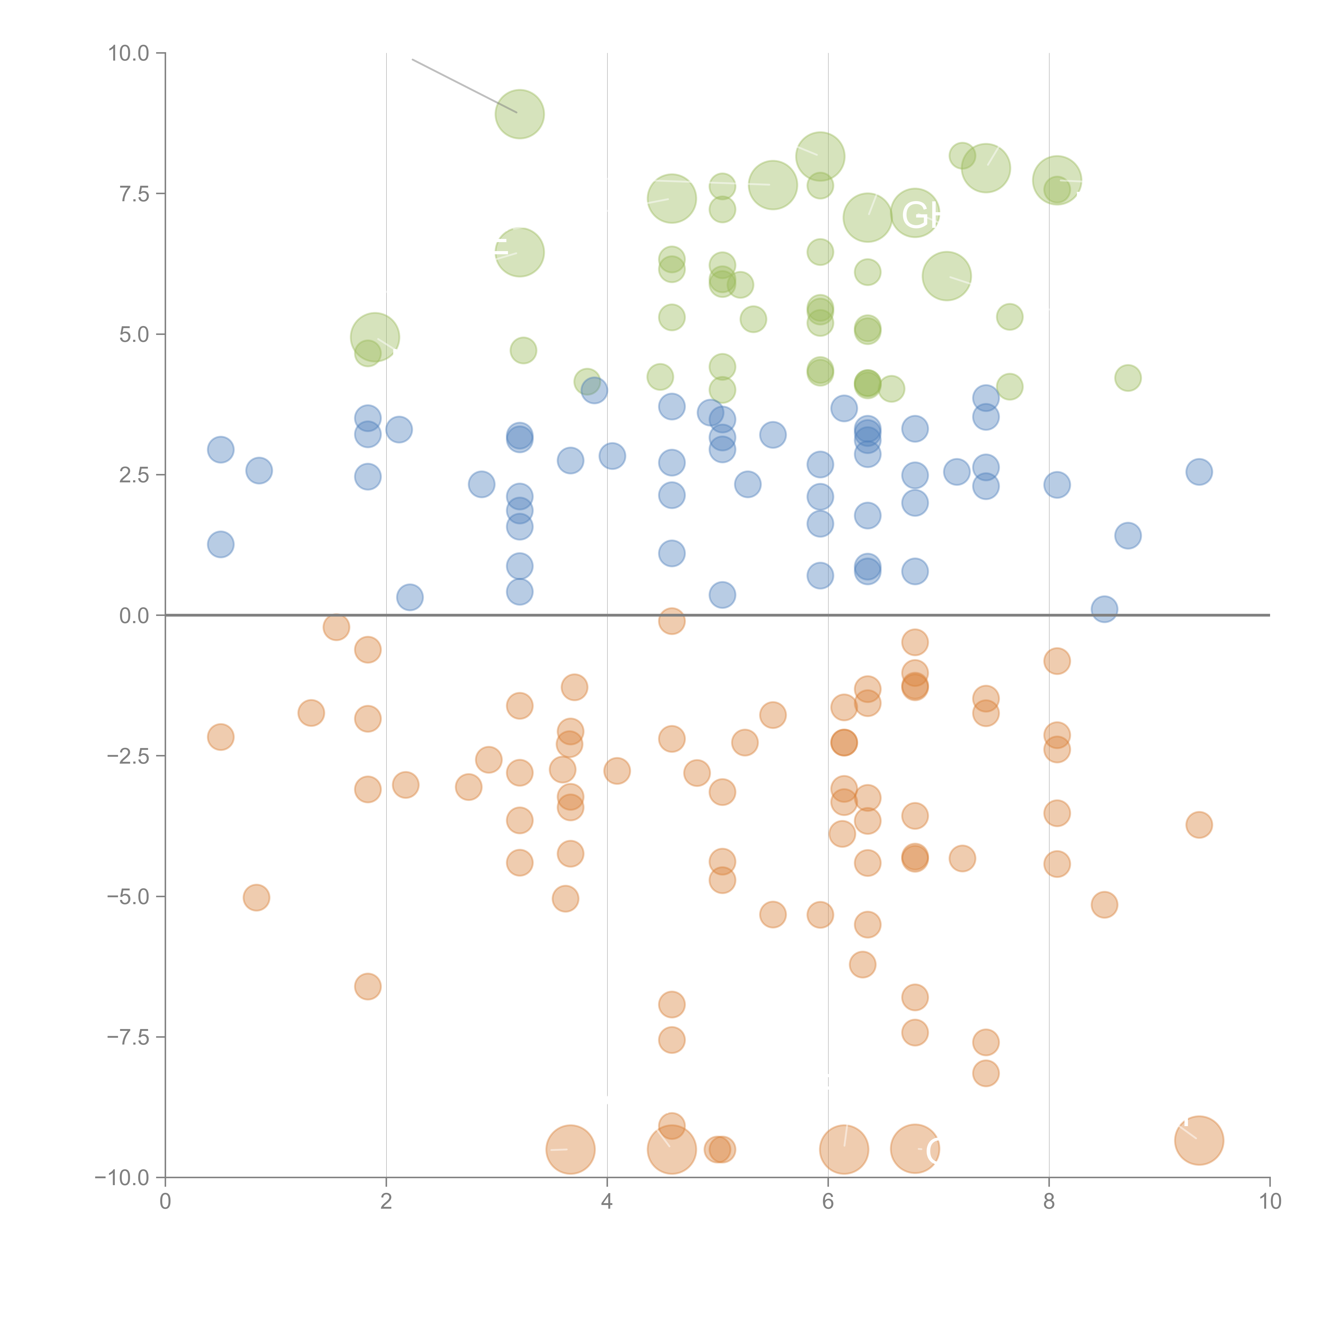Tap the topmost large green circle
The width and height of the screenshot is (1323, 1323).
coord(520,114)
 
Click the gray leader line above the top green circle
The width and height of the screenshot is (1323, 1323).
coord(464,85)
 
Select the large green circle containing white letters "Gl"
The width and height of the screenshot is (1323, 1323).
coord(915,212)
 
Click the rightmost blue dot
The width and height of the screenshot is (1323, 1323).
coord(1198,471)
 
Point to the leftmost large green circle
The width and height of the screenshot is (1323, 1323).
coord(375,337)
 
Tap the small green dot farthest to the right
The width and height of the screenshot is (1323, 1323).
coord(1128,377)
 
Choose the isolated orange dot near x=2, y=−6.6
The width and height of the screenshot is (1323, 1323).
coord(368,986)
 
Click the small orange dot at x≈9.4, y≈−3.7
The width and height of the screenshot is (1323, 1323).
coord(1198,824)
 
